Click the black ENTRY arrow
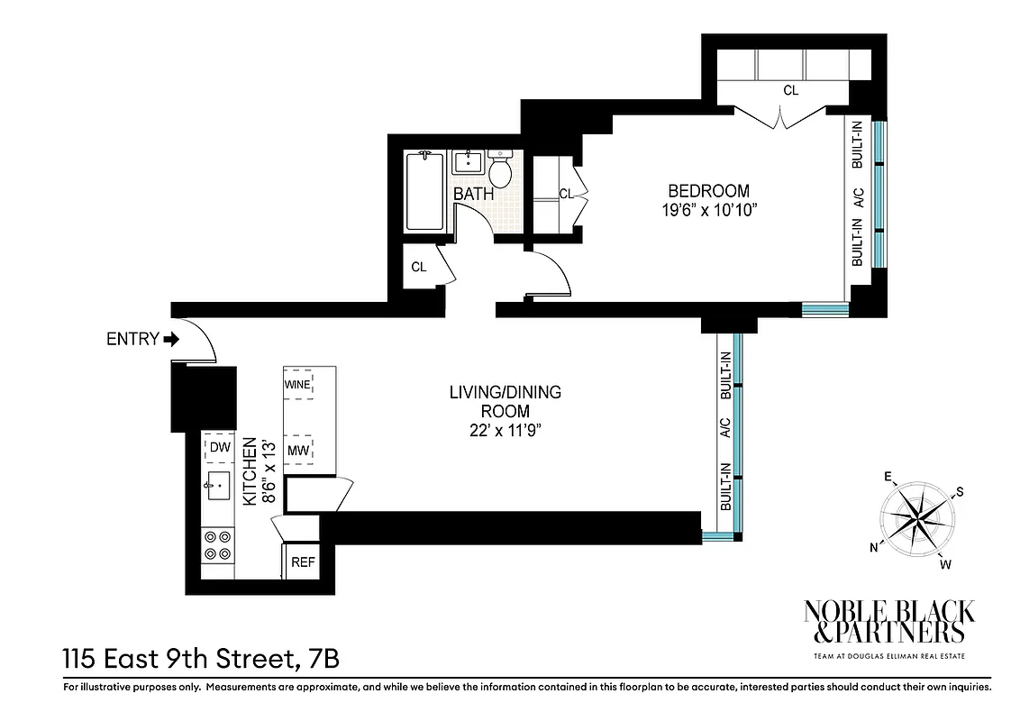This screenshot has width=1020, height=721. tap(172, 340)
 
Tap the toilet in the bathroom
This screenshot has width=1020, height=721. tap(501, 168)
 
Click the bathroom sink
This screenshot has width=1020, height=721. tap(467, 163)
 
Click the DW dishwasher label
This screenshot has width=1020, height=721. tap(218, 446)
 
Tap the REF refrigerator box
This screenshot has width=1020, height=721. tap(303, 562)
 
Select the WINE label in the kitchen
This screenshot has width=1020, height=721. tap(297, 384)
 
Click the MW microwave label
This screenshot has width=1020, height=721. tap(297, 450)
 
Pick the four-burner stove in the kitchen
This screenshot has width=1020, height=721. tap(217, 545)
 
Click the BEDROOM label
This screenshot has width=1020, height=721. tap(708, 191)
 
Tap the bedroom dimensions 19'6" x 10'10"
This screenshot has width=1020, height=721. tap(708, 212)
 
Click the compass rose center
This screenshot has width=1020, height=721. tap(917, 519)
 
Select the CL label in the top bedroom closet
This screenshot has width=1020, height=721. tap(790, 91)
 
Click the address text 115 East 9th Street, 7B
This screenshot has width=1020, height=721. tap(201, 657)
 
